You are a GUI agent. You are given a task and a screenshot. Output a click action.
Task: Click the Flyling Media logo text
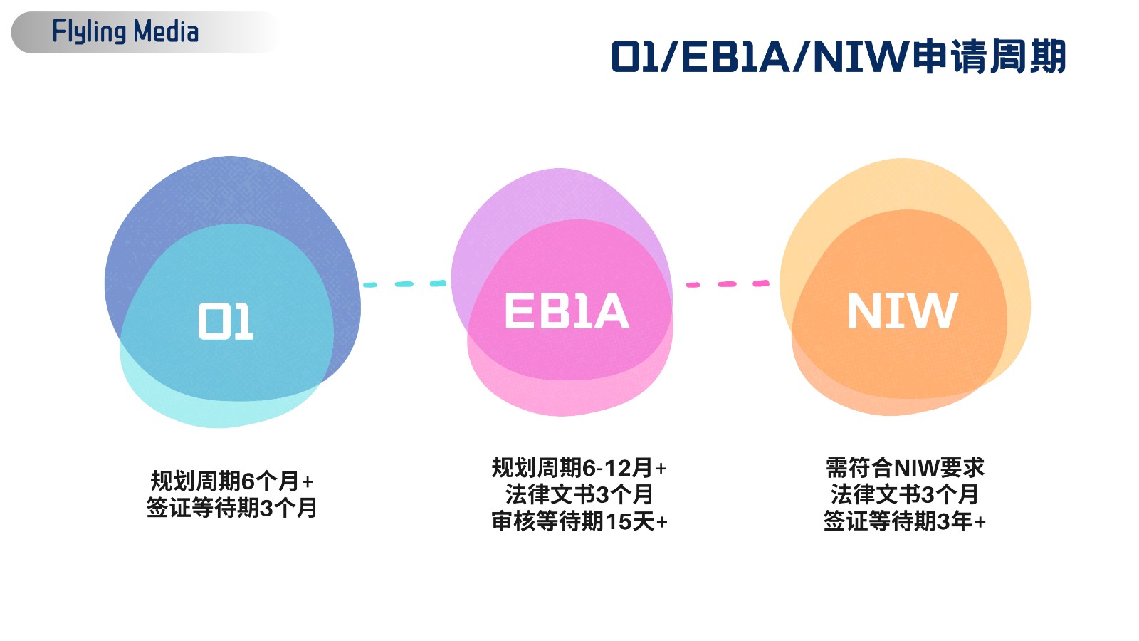pyautogui.click(x=125, y=31)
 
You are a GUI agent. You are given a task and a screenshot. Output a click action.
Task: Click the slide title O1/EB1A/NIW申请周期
pyautogui.click(x=838, y=56)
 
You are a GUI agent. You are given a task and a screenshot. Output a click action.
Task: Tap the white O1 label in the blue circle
pyautogui.click(x=225, y=321)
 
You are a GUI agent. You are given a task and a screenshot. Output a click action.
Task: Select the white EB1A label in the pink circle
pyautogui.click(x=567, y=311)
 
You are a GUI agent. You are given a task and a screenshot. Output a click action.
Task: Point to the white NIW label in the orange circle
pyautogui.click(x=903, y=311)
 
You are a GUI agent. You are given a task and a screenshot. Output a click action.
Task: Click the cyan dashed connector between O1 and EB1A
pyautogui.click(x=405, y=284)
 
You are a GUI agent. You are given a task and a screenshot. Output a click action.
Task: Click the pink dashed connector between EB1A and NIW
pyautogui.click(x=728, y=284)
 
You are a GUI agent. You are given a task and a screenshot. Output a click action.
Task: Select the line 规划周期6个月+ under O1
pyautogui.click(x=232, y=481)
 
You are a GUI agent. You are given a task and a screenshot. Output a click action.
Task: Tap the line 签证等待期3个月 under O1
pyautogui.click(x=232, y=508)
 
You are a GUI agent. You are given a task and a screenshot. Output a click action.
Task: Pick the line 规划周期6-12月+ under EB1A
pyautogui.click(x=579, y=467)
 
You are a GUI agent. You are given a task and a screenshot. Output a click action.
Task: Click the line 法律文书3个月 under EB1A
pyautogui.click(x=579, y=494)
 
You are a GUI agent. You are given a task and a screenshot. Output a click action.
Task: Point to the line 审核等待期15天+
pyautogui.click(x=579, y=521)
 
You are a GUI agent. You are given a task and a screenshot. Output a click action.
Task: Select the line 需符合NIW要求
pyautogui.click(x=905, y=467)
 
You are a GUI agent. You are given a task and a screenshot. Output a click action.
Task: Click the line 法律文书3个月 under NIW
pyautogui.click(x=905, y=494)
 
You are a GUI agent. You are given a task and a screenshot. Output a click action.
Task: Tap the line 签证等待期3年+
pyautogui.click(x=905, y=521)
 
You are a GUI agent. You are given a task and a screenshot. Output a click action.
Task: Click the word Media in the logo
pyautogui.click(x=166, y=31)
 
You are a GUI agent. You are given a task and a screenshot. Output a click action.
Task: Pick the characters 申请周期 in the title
pyautogui.click(x=989, y=56)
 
